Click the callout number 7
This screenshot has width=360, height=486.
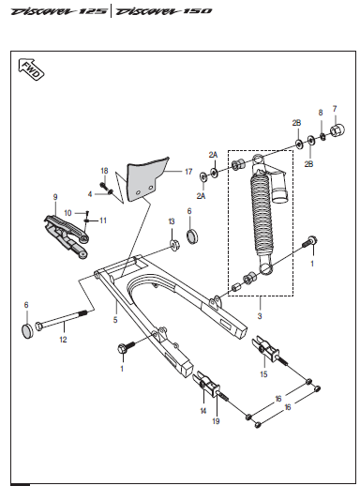pyautogui.click(x=335, y=108)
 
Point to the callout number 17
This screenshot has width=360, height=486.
pyautogui.click(x=187, y=172)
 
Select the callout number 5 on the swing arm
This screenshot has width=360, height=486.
pyautogui.click(x=115, y=320)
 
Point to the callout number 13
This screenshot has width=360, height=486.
pyautogui.click(x=171, y=221)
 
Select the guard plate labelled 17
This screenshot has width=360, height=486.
pyautogui.click(x=143, y=178)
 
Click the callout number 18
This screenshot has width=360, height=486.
pyautogui.click(x=105, y=170)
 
